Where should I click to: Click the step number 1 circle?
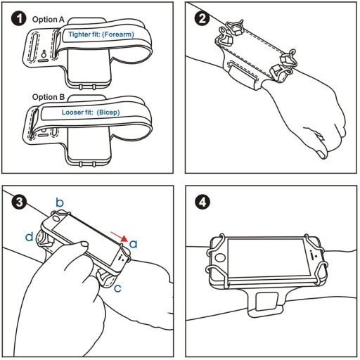click(18, 18)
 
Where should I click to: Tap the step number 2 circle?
click(202, 18)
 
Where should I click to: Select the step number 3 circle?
click(19, 202)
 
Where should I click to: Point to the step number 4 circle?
click(202, 202)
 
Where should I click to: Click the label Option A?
click(49, 20)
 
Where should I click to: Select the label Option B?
click(49, 97)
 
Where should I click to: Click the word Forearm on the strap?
click(118, 34)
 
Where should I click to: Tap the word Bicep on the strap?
click(108, 112)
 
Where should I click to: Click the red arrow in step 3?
click(119, 236)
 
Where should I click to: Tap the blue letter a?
click(133, 244)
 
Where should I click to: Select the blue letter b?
click(60, 202)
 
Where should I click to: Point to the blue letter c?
click(117, 288)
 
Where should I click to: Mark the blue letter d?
click(30, 236)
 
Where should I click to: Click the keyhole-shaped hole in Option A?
click(44, 53)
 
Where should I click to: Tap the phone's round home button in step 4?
click(219, 258)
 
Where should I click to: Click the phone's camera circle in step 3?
click(56, 219)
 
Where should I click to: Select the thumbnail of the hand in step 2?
click(321, 154)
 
